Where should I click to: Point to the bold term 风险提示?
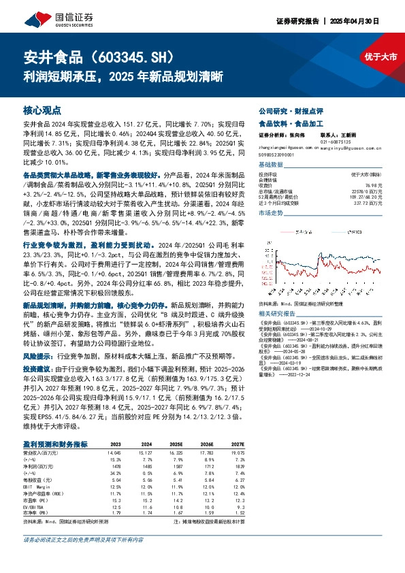pyautogui.click(x=37, y=355)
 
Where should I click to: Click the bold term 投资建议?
pyautogui.click(x=37, y=367)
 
